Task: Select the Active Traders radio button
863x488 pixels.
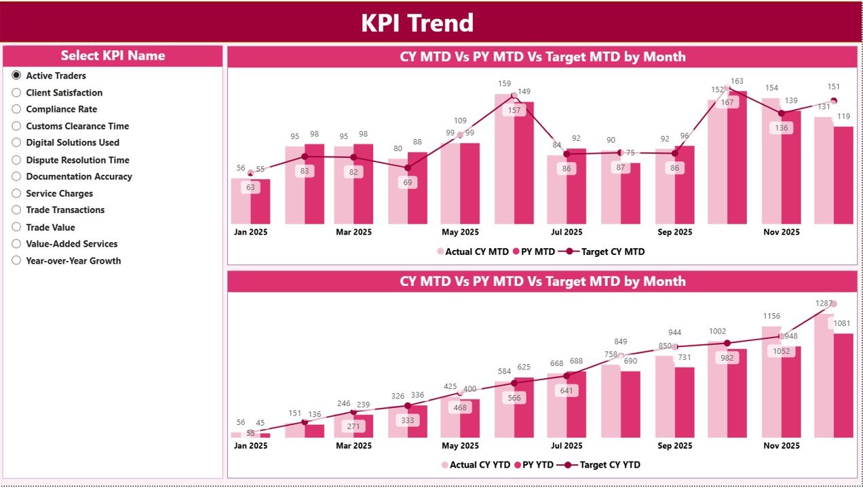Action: coord(16,76)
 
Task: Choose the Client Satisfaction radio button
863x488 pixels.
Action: coord(16,92)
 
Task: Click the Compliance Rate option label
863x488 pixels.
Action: coord(61,109)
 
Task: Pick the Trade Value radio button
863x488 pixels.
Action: coord(16,227)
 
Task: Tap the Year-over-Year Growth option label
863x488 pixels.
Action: coord(73,260)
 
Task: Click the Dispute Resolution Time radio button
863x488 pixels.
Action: coord(16,160)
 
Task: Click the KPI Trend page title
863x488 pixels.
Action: coord(417,23)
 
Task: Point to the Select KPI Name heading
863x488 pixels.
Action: coord(113,56)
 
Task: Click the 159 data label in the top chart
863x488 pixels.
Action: coord(504,84)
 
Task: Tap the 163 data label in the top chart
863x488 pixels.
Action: coord(737,81)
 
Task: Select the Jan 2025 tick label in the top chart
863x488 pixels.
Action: coord(250,232)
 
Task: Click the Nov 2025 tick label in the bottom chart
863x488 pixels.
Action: coord(782,445)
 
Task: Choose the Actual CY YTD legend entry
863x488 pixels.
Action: coord(475,465)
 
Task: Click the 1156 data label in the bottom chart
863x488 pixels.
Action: coord(771,316)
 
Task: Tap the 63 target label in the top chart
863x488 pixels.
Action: coord(250,188)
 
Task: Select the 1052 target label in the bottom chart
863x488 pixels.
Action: coord(781,351)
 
